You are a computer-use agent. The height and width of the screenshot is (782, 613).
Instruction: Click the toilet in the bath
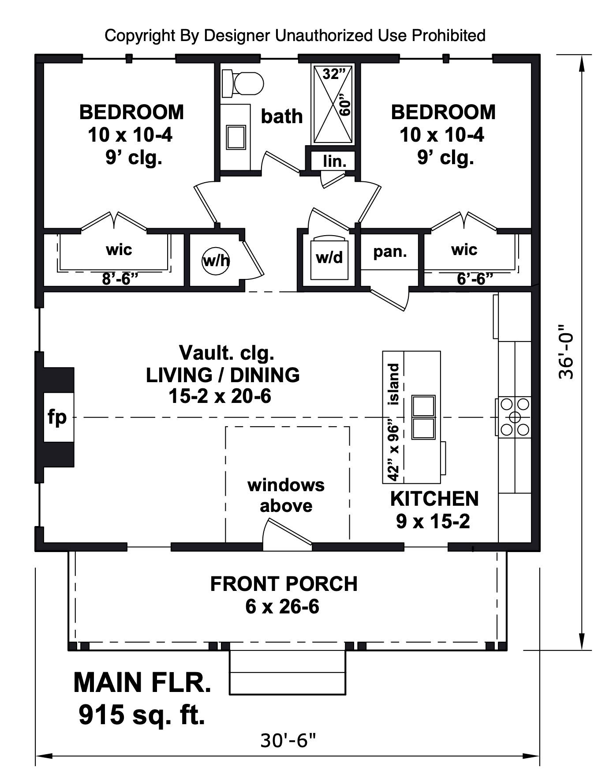coord(243,83)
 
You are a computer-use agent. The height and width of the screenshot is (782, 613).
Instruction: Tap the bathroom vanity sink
coord(236,137)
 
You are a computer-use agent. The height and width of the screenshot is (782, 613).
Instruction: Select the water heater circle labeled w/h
coord(216,260)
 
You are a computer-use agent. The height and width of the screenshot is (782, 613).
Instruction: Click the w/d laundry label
coord(329,257)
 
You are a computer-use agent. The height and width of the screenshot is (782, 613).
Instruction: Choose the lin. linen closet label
coord(334,161)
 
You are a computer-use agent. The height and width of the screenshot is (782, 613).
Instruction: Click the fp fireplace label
coord(57,417)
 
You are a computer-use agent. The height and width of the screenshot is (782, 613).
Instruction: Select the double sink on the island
coord(423,417)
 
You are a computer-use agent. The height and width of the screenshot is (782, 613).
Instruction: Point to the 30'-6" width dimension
coord(288,740)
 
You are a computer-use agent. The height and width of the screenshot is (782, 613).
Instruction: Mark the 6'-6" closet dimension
coord(475,279)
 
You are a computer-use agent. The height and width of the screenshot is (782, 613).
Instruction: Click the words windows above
coord(286,495)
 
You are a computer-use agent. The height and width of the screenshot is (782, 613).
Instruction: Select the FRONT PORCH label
coord(284,584)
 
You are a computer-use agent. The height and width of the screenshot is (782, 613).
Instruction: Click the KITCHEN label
coord(434,499)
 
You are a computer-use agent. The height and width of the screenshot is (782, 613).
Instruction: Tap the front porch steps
coord(288,672)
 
